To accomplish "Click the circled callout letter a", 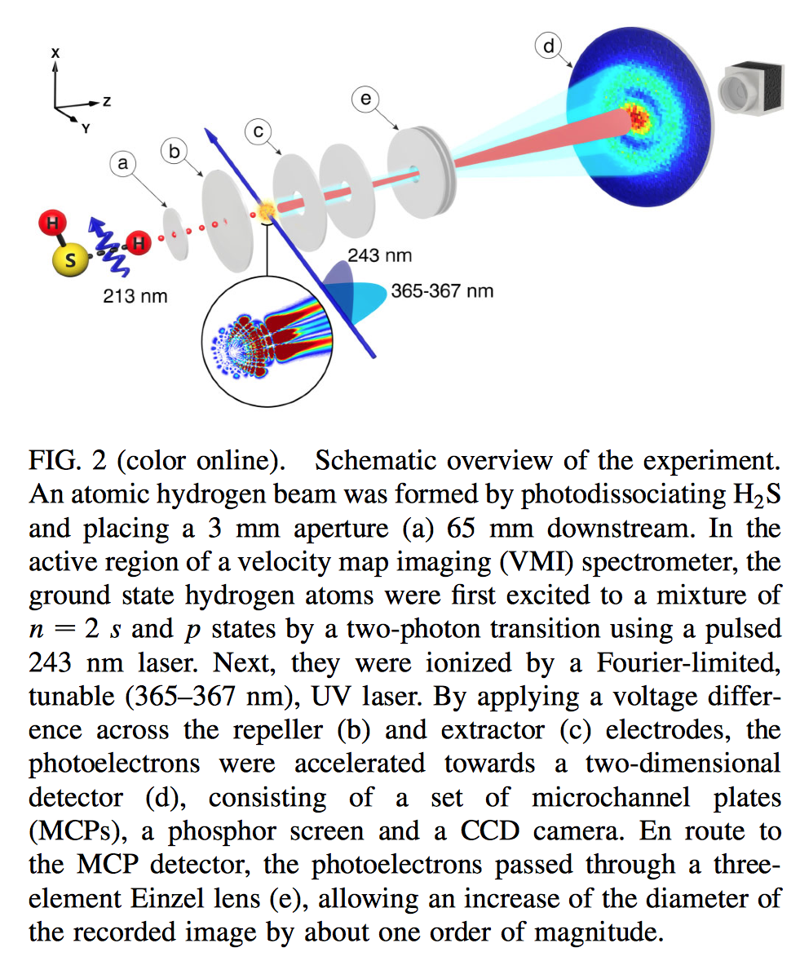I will coord(124,164).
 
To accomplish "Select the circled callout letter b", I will coord(174,151).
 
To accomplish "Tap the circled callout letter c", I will coord(257,131).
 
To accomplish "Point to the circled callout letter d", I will coord(547,46).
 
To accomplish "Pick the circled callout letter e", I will coord(365,100).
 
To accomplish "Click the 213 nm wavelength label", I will coord(135,295).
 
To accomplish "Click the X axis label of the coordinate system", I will coord(55,52).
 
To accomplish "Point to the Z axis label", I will coord(106,101).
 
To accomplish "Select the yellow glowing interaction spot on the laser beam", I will coord(266,213).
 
